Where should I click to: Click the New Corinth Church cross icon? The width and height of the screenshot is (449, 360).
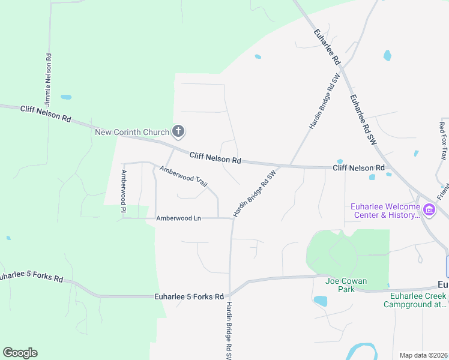point(178,131)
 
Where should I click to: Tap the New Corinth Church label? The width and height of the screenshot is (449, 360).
point(132,131)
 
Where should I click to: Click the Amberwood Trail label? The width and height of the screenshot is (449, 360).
point(183,177)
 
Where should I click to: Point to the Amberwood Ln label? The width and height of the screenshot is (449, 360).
point(178,218)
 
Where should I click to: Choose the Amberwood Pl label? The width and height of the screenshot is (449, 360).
point(123,191)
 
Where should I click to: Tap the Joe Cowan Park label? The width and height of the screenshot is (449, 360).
point(346,281)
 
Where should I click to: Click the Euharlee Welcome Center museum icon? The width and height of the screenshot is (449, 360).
point(429,209)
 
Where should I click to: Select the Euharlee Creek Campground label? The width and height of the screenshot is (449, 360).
point(415,299)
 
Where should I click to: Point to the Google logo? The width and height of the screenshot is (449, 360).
point(20,353)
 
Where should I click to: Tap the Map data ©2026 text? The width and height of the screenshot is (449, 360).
point(423,355)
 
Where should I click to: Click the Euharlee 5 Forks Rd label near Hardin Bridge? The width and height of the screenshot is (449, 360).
point(188,296)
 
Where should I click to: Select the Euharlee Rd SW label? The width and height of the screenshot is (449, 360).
point(362,119)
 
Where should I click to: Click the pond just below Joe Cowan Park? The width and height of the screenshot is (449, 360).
point(321,301)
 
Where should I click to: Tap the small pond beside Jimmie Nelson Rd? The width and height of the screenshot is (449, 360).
point(66,97)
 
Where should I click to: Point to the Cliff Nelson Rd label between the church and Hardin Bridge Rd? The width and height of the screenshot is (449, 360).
point(215,158)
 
